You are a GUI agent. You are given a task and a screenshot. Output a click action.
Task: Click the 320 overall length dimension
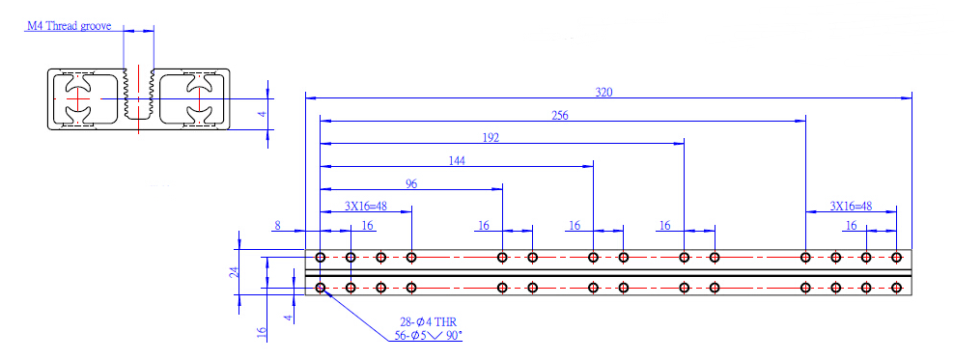coord(603,93)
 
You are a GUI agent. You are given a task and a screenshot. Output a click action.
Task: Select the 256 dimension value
coord(560,116)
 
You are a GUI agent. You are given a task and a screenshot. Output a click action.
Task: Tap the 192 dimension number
coord(491,138)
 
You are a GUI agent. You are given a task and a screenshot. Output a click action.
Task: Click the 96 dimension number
coord(411,184)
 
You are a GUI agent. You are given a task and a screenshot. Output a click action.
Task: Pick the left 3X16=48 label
coord(366,206)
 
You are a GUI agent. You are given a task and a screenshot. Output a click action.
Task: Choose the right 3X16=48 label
coord(851,207)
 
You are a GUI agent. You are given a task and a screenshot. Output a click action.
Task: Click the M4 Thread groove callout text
coord(69,26)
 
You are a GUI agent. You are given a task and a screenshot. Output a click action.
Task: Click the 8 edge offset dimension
coord(277,226)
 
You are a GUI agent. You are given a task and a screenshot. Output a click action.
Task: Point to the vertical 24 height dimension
coord(233,272)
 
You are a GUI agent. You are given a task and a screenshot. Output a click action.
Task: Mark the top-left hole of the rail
coord(321,258)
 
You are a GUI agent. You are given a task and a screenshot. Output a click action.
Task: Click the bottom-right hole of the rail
coord(896,287)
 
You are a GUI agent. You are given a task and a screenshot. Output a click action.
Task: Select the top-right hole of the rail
coord(896,258)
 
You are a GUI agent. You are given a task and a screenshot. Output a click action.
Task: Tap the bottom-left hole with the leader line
coord(321,287)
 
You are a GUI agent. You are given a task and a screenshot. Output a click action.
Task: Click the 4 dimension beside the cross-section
coord(264,114)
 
